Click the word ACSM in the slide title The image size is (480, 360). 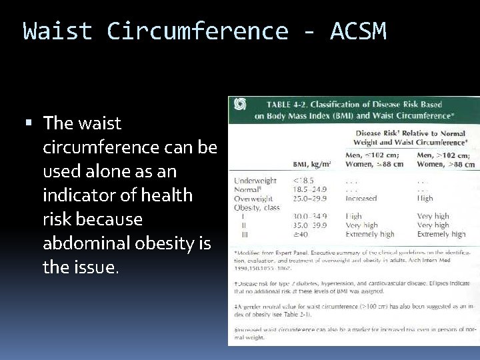[357, 31]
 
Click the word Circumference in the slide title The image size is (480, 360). [197, 31]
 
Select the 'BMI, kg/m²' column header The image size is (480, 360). [313, 163]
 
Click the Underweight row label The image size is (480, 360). [255, 180]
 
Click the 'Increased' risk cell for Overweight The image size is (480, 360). [361, 198]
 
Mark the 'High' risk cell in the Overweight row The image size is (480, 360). [425, 198]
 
